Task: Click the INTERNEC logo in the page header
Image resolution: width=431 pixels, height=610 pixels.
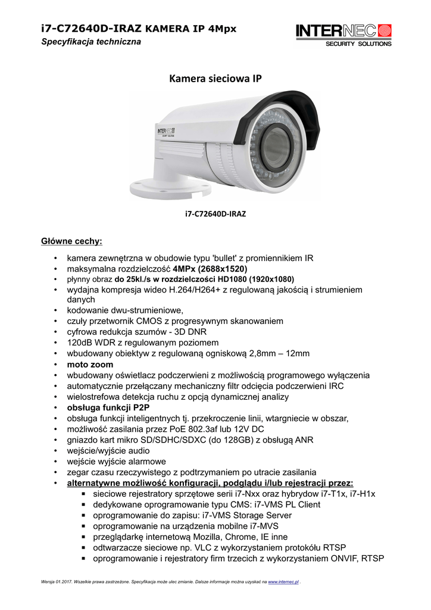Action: tap(344, 34)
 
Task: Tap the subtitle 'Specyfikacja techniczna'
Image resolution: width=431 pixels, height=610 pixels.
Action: tap(90, 42)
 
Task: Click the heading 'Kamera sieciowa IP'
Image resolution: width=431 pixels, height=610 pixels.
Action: tap(215, 78)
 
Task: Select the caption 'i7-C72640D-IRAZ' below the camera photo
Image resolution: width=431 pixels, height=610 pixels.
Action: tap(215, 213)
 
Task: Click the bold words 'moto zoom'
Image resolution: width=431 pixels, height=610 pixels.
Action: tap(90, 364)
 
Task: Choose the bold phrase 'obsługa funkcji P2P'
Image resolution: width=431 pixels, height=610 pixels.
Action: tap(108, 407)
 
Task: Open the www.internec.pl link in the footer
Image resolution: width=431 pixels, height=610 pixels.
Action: tap(284, 581)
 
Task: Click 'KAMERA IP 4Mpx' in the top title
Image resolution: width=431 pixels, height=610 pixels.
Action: tap(190, 29)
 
